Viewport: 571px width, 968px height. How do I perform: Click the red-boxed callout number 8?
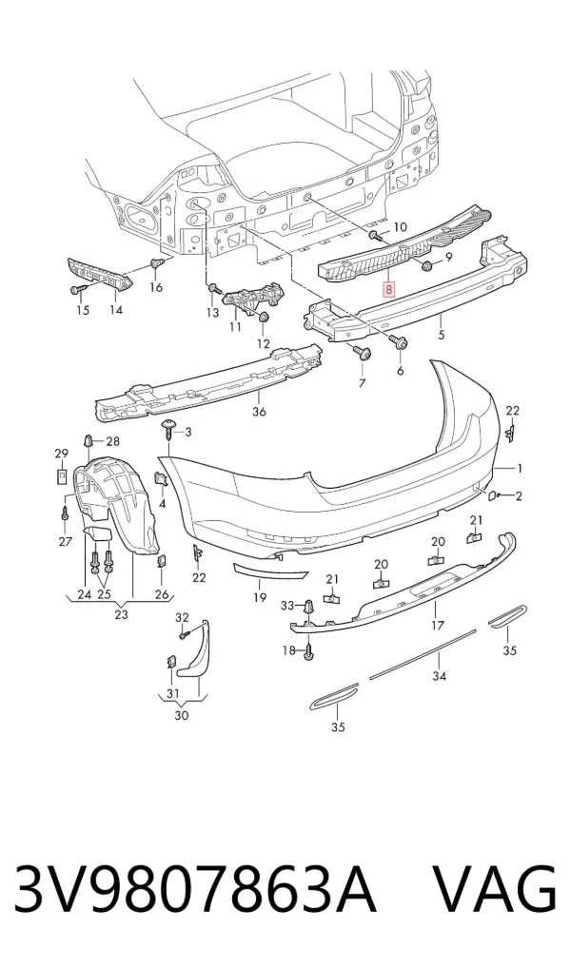tap(388, 288)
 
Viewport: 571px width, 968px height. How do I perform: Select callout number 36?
tap(260, 411)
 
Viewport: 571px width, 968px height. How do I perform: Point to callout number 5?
tap(442, 336)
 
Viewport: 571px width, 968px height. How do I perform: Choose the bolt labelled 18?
tap(308, 651)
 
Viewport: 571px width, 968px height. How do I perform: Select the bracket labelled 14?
tap(100, 275)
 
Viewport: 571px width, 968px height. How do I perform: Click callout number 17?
tap(437, 626)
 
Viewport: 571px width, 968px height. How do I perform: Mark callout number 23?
tap(121, 614)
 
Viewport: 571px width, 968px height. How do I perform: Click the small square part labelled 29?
tap(63, 476)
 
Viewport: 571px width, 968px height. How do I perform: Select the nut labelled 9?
tap(426, 266)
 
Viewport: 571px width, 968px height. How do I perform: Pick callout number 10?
tap(401, 226)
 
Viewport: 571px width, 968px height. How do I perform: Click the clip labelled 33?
tap(307, 607)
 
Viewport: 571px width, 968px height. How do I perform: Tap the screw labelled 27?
tap(65, 513)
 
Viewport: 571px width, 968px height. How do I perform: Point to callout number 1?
tap(520, 469)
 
